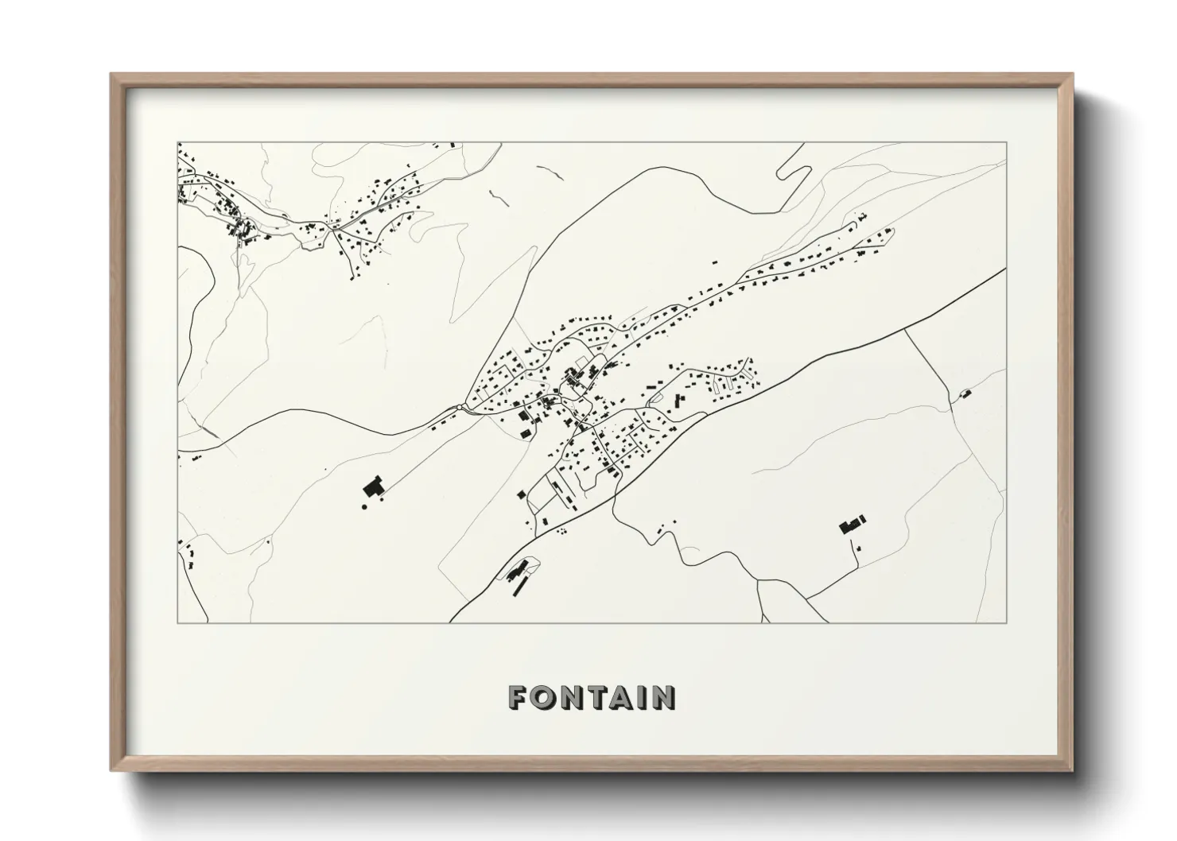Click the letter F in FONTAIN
(x=518, y=698)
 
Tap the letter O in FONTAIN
(x=543, y=698)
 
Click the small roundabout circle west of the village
(x=462, y=408)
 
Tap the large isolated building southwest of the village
(x=373, y=486)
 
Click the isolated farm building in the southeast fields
(x=852, y=524)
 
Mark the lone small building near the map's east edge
(x=966, y=393)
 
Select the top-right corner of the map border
(x=1007, y=142)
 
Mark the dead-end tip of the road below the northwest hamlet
(x=351, y=277)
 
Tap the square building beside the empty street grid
(x=522, y=494)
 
